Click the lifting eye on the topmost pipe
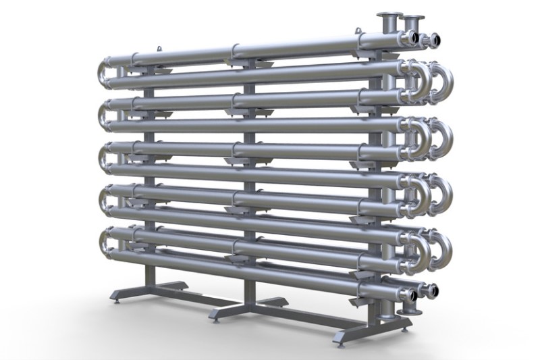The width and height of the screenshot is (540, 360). point(160,48)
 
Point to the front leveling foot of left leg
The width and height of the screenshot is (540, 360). point(117,300)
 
